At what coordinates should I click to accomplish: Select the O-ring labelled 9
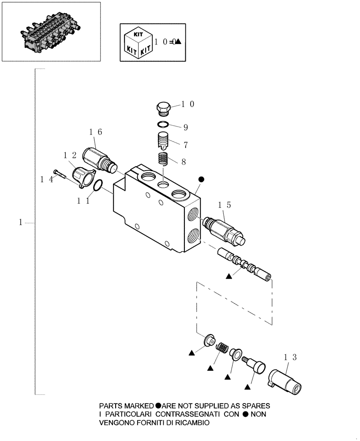164,124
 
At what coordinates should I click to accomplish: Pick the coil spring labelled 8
164,158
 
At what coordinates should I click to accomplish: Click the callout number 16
95,132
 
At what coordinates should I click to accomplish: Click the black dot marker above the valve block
201,179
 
